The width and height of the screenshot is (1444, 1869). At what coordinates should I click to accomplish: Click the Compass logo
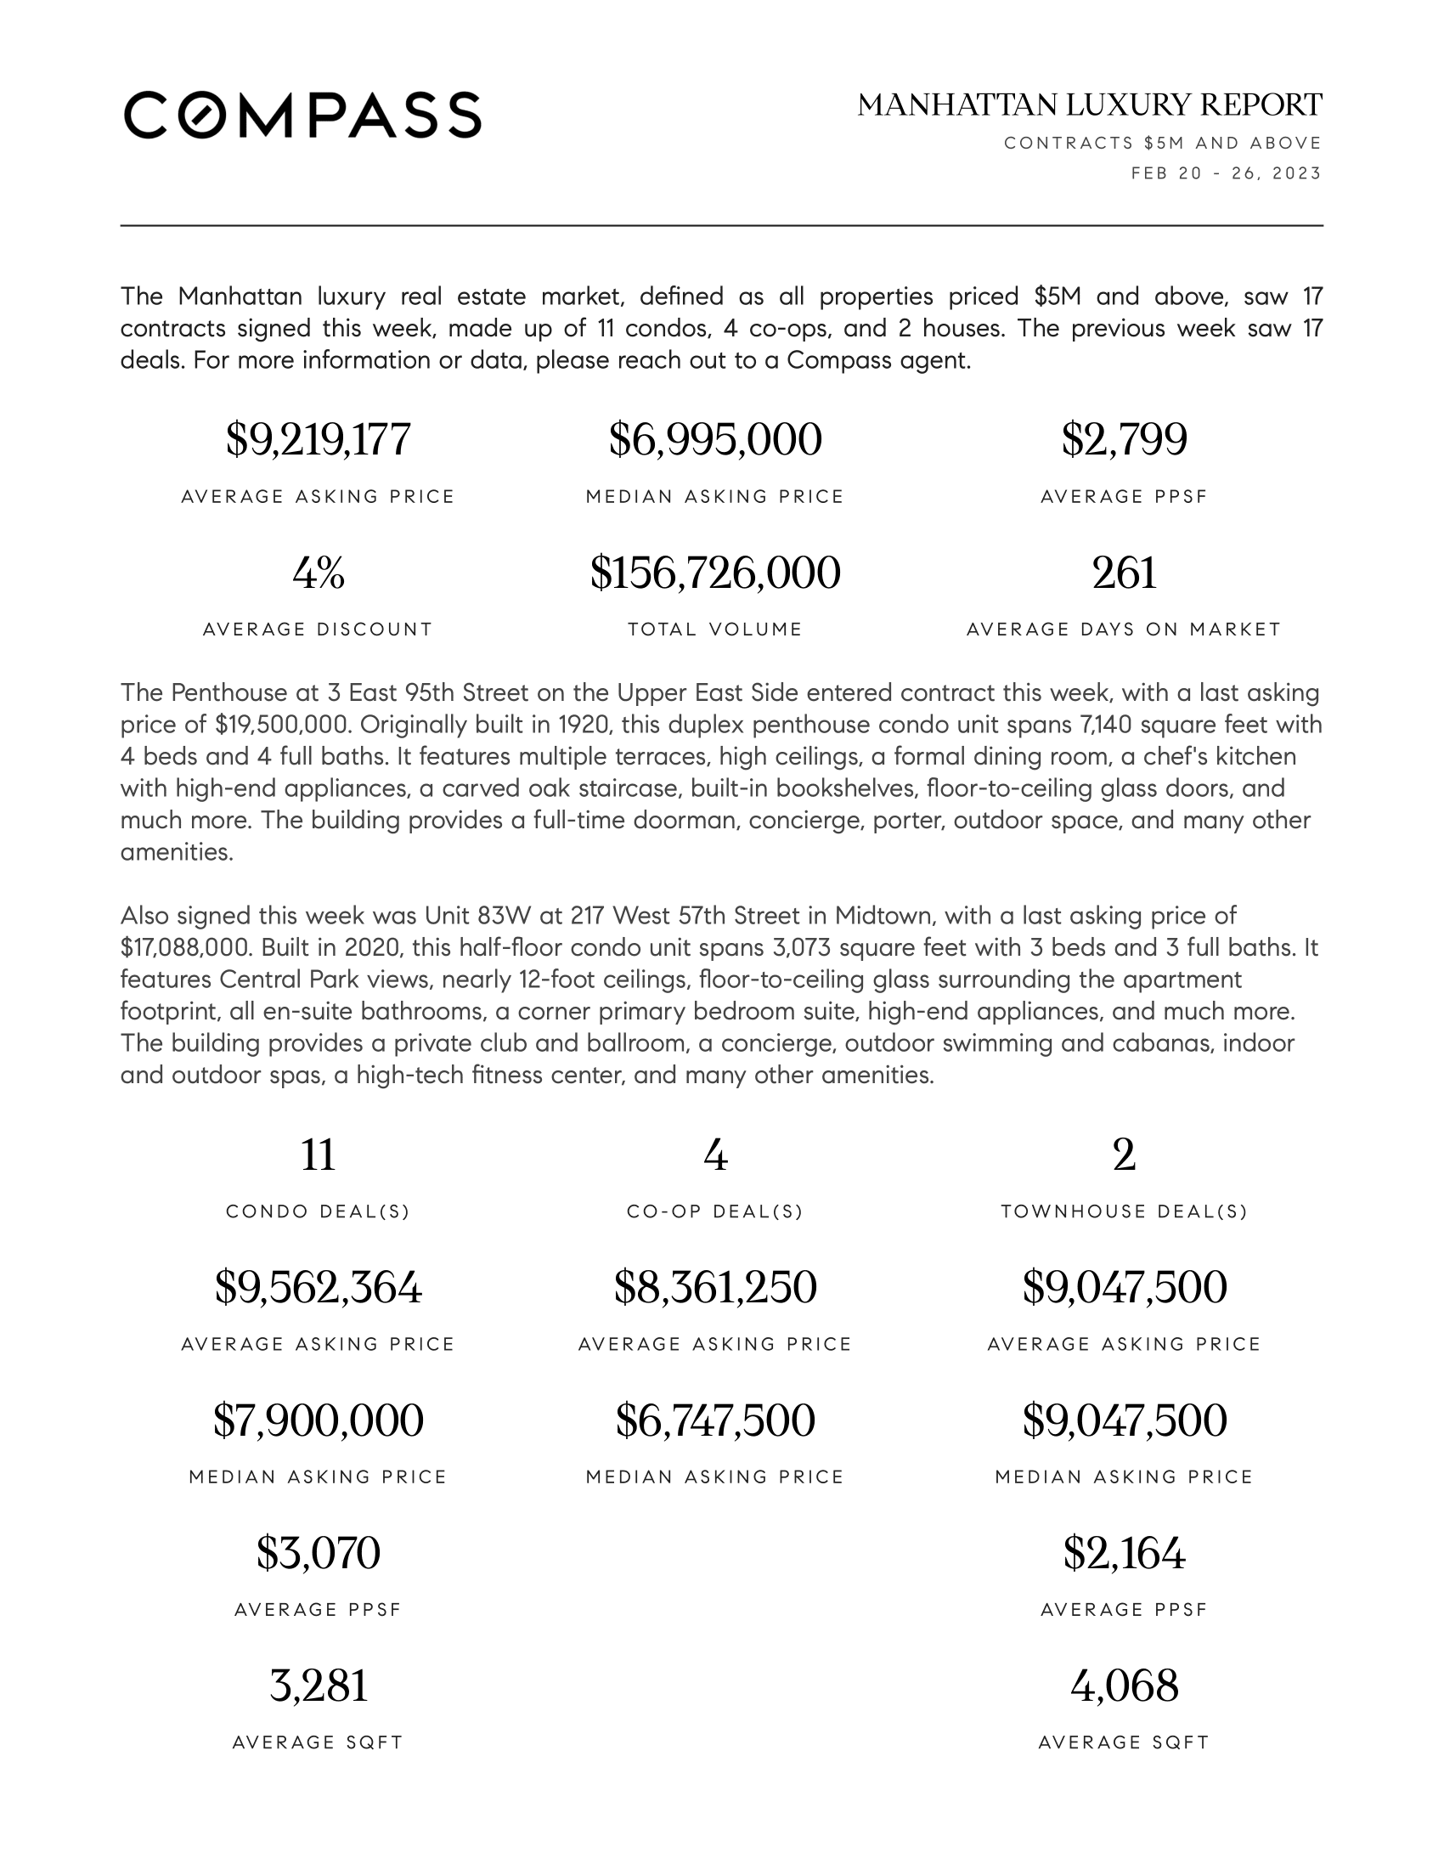coord(302,115)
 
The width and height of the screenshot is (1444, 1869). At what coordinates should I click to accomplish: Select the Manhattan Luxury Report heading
coord(1089,105)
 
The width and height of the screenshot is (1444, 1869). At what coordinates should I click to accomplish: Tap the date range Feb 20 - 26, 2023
coord(1226,173)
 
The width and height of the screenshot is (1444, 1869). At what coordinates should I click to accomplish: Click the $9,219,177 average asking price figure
coord(319,439)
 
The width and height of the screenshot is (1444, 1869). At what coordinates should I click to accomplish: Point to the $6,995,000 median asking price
coord(715,439)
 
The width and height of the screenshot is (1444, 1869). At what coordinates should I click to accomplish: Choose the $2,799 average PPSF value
coord(1124,439)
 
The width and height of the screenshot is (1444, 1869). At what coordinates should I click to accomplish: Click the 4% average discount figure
coord(319,573)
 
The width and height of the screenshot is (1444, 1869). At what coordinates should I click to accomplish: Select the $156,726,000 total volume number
coord(715,573)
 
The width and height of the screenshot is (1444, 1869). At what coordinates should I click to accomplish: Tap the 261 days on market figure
coord(1124,573)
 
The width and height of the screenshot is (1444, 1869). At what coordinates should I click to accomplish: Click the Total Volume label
coord(715,630)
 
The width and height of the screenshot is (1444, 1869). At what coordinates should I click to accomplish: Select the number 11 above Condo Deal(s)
coord(319,1155)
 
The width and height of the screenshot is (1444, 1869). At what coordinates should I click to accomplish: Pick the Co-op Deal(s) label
coord(715,1211)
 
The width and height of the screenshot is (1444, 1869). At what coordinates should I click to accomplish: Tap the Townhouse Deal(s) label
coord(1124,1211)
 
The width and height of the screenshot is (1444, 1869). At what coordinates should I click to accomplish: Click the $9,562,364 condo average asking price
coord(319,1287)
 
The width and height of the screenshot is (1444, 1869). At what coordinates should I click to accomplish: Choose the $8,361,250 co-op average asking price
coord(715,1287)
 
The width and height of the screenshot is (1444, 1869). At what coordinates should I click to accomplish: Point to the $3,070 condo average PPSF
coord(319,1553)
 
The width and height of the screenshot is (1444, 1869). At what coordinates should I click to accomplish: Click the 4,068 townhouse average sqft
coord(1124,1685)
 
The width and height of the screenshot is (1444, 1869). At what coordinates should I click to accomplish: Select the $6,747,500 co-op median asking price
coord(715,1420)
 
